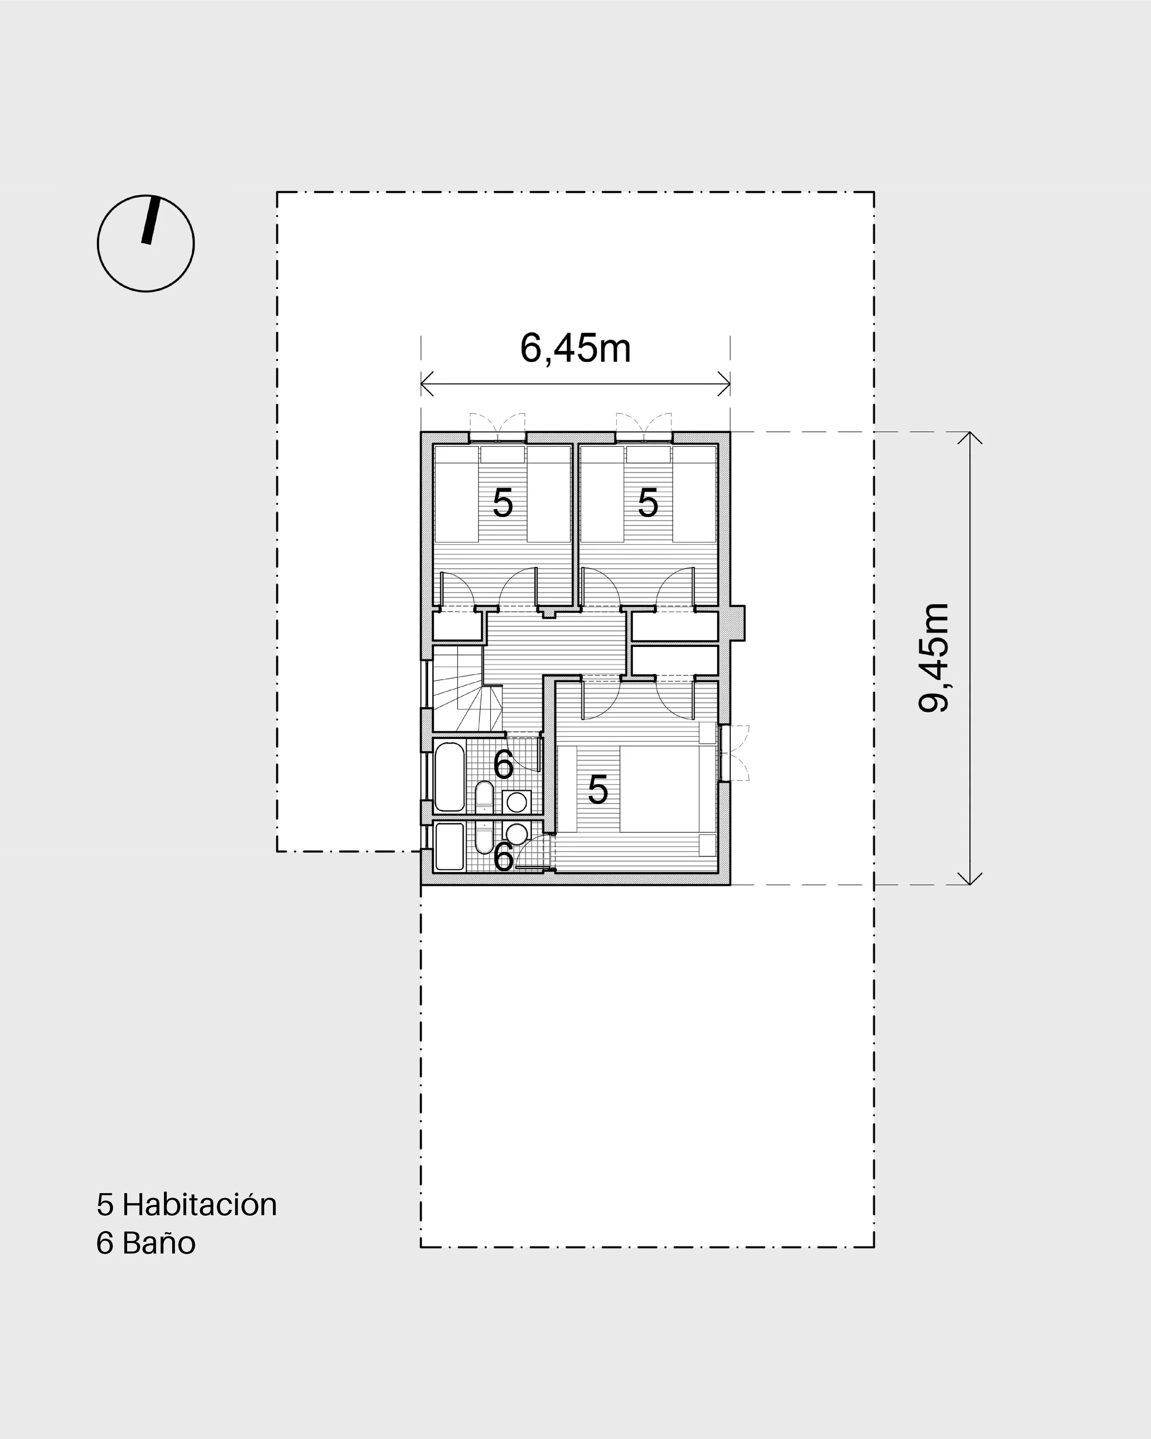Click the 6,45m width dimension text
pos(575,349)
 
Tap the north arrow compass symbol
pos(145,243)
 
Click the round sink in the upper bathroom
pos(517,802)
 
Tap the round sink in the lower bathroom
pos(517,833)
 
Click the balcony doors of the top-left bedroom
pos(497,427)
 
